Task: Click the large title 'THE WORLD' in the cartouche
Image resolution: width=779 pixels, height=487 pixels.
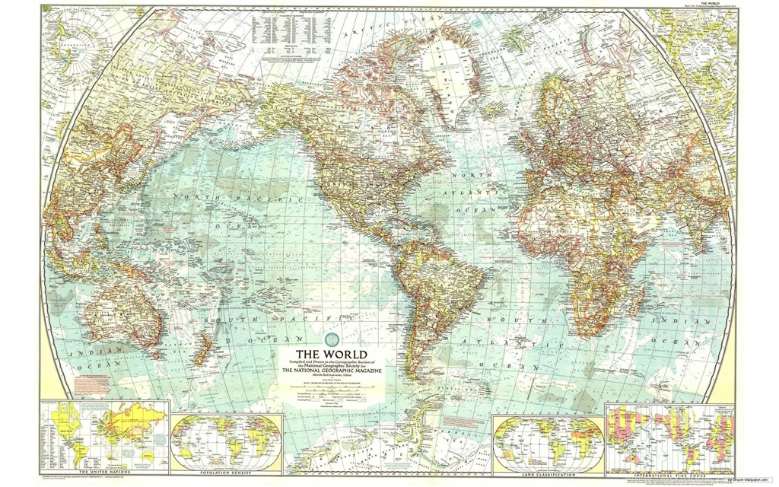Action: coord(330,354)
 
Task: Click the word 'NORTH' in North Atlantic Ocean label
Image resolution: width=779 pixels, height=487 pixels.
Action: coord(466,176)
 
